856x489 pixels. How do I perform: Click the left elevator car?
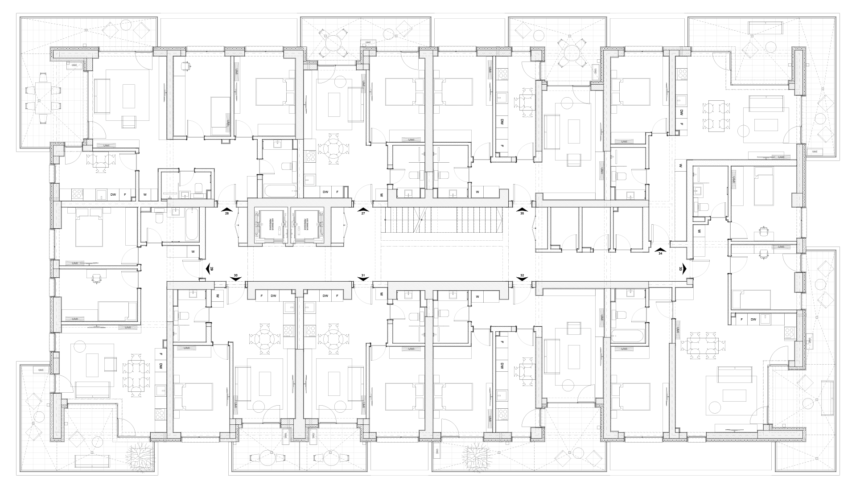[x=271, y=225]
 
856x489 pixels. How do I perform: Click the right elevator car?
[x=308, y=225]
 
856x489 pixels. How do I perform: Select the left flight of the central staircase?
[x=408, y=221]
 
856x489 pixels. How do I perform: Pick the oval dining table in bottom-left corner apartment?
[x=135, y=375]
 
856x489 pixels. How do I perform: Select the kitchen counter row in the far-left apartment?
[x=100, y=194]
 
